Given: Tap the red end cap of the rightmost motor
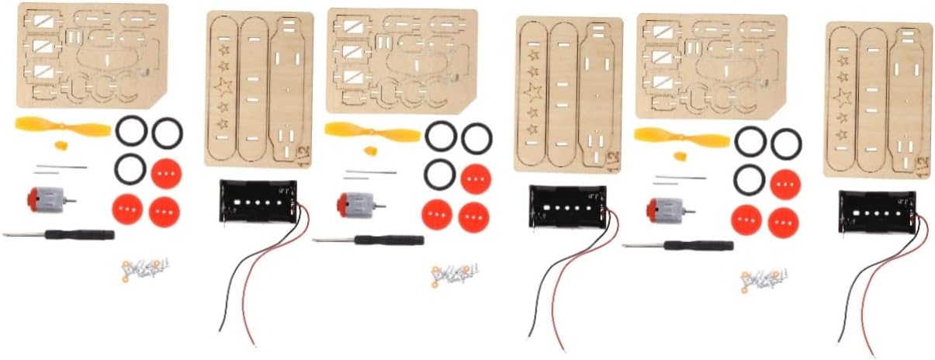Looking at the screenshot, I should coord(653,209).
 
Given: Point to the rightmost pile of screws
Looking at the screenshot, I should coord(764,279).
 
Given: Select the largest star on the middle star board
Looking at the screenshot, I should coord(533,94).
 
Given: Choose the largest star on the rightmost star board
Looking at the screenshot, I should coord(843,99).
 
